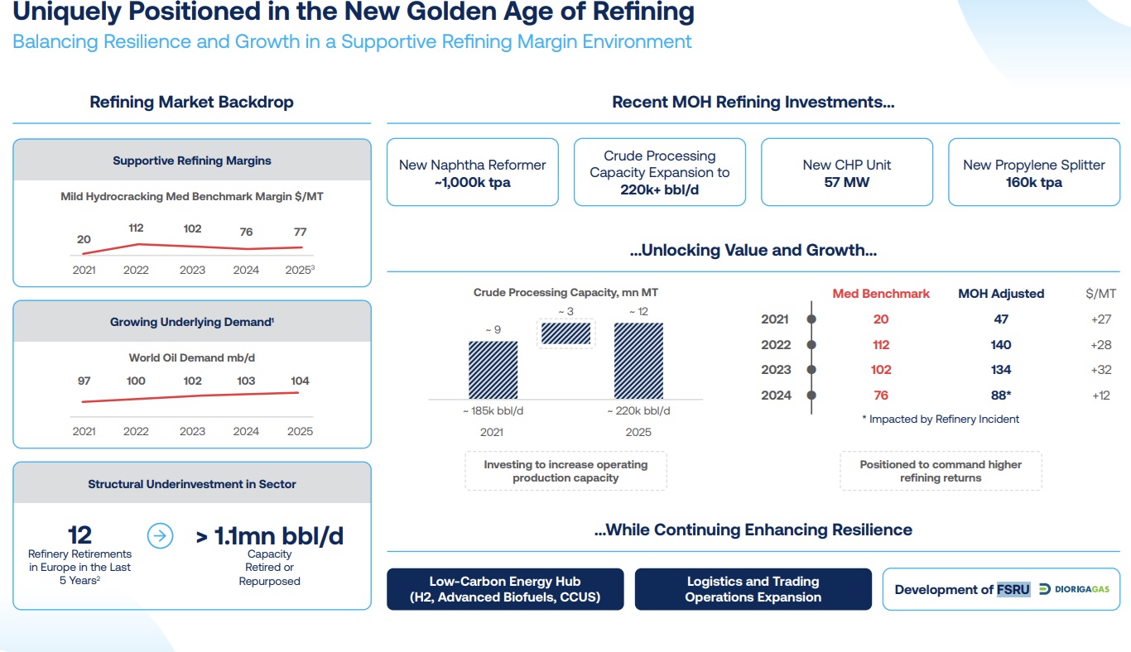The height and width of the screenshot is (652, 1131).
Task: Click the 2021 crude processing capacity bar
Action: [x=493, y=370]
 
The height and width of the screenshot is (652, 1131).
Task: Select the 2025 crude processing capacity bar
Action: [x=638, y=361]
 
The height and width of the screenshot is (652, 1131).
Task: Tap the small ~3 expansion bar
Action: [x=565, y=333]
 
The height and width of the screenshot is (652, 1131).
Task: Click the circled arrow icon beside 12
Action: [x=161, y=536]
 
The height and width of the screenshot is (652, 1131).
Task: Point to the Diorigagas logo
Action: [x=1075, y=589]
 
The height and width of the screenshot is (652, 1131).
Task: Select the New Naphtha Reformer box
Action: [x=472, y=173]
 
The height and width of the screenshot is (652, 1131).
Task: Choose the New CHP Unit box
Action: [x=846, y=173]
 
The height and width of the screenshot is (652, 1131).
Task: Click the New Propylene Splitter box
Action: [x=1033, y=173]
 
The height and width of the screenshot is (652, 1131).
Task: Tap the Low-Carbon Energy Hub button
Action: [x=504, y=589]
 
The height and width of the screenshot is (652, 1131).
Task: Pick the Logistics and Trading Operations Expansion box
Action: [x=753, y=589]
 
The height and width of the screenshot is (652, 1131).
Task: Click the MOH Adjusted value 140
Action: [x=1000, y=344]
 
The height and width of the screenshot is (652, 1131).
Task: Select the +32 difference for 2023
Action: [x=1100, y=370]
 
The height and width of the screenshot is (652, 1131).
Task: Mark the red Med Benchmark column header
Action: [x=881, y=294]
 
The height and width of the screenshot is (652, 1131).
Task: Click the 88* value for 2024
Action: [x=1001, y=396]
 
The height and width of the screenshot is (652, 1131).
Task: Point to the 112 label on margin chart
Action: [x=136, y=228]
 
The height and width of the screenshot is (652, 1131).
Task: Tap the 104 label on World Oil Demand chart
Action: [x=300, y=381]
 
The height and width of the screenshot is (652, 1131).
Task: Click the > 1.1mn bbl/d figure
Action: [x=269, y=536]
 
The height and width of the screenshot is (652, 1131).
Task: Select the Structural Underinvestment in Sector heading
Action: [x=192, y=484]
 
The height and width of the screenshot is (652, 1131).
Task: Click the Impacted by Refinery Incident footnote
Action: [x=940, y=419]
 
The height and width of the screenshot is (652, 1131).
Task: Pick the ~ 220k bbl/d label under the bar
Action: [x=638, y=411]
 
